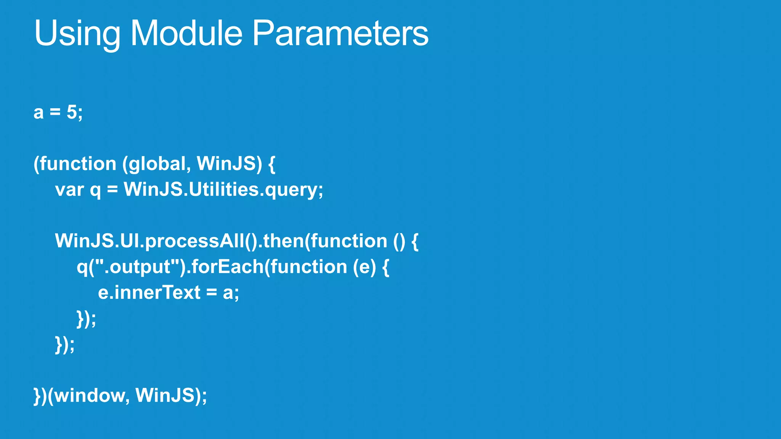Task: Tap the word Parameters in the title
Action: click(x=340, y=34)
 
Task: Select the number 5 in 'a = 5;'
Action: click(x=72, y=112)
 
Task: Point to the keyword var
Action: click(x=69, y=190)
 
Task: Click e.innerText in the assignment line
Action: click(x=149, y=293)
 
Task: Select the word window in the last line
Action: click(x=89, y=395)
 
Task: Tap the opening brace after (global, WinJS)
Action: click(x=272, y=164)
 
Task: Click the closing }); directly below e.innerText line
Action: click(x=86, y=319)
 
